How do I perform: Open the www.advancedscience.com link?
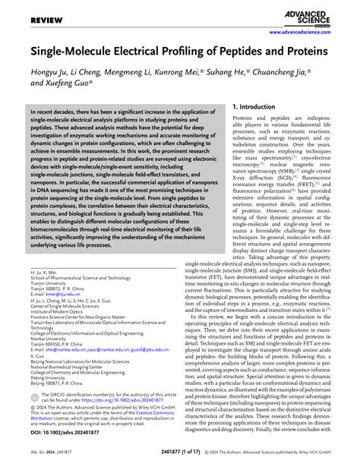coord(313,33)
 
